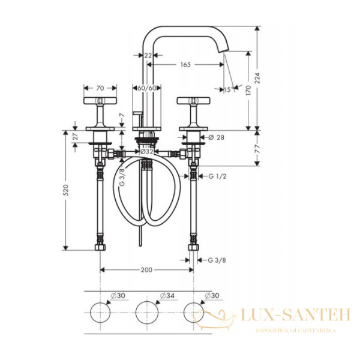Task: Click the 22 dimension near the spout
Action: click(148, 55)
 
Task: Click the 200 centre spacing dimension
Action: click(146, 270)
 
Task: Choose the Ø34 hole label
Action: click(167, 296)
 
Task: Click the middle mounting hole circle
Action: click(146, 312)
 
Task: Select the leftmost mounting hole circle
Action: click(99, 312)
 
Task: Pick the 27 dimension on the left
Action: click(75, 137)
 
